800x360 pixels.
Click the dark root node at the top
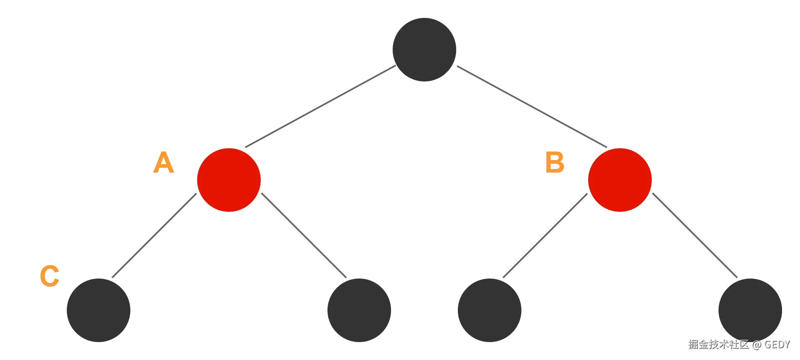424,49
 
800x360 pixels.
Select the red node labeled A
229,180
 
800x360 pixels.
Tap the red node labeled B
620,180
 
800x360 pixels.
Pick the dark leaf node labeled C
99,310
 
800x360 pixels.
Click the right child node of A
359,310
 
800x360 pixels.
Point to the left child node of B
489,310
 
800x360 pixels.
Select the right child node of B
750,310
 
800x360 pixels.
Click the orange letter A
164,162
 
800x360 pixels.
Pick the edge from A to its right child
304,235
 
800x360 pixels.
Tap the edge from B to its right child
695,235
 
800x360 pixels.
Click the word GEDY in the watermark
776,344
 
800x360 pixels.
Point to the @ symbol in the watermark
756,345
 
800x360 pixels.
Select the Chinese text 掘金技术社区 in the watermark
718,344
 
